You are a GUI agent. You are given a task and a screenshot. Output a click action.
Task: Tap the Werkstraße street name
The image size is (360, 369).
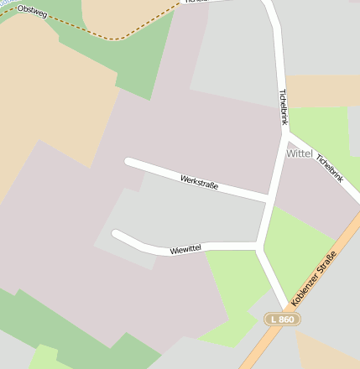pos(200,181)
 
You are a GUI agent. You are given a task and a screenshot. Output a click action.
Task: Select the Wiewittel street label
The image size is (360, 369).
pos(185,249)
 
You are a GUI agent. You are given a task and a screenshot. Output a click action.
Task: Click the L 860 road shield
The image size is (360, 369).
pos(282,320)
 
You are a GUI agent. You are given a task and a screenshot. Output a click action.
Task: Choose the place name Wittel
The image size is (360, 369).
pos(300,154)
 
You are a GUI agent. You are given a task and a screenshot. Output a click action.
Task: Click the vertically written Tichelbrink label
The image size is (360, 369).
pos(282,108)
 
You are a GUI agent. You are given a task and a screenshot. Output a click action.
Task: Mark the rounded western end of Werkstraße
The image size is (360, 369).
pos(128,162)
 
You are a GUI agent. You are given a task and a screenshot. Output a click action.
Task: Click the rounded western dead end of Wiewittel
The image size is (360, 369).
pos(116,235)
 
